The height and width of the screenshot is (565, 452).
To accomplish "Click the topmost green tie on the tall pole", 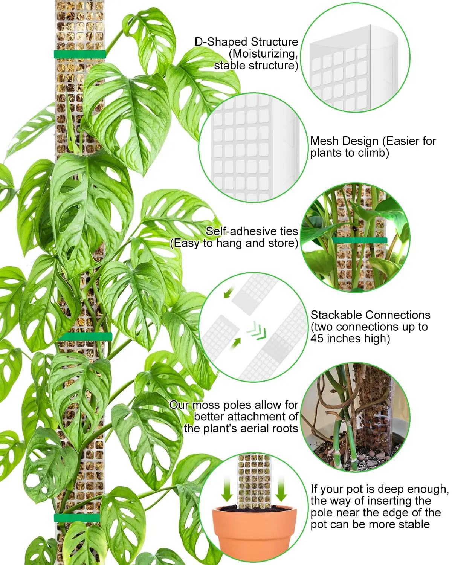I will click(79, 54).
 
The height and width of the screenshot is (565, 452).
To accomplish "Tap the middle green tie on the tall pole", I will click(85, 336).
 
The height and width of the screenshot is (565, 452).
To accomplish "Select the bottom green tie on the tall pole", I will click(77, 518).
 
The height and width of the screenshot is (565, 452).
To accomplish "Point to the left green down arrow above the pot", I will click(227, 488).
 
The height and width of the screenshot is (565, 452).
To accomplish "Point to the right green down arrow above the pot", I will click(281, 488).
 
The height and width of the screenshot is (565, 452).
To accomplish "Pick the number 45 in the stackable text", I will click(317, 338).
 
